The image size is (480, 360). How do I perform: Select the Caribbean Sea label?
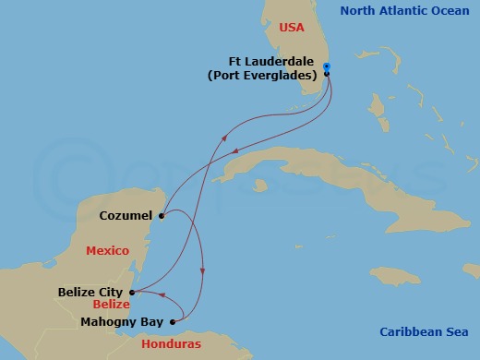424,332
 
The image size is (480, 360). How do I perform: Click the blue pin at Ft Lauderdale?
328,68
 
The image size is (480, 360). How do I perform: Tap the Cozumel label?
126,218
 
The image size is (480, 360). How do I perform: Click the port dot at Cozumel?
161,218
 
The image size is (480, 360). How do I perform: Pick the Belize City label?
90,292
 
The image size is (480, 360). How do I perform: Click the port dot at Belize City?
131,292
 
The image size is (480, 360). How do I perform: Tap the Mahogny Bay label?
121,322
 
